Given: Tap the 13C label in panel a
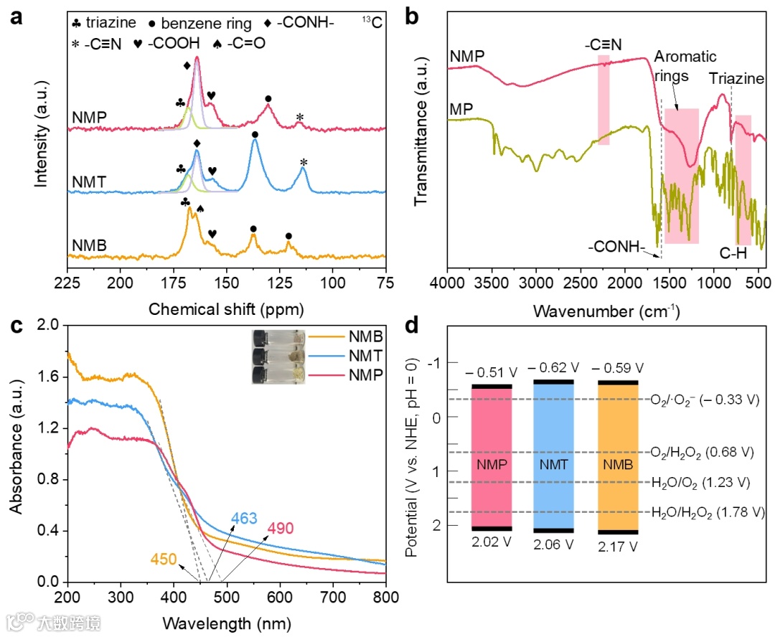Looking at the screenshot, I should [372, 23].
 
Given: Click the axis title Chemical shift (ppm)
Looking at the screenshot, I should [226, 310].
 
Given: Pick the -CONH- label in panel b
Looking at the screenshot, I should [616, 249].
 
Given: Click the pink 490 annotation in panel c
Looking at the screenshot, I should [281, 529].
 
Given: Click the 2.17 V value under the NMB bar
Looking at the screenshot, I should [617, 546].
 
